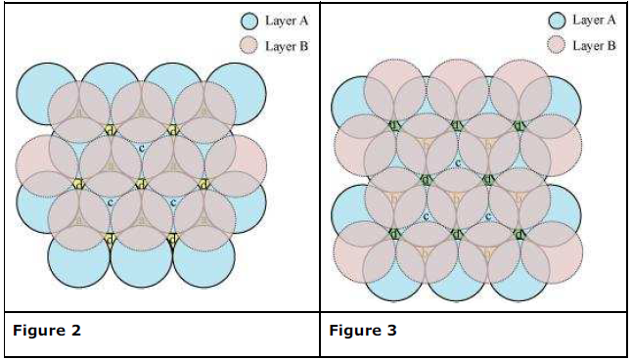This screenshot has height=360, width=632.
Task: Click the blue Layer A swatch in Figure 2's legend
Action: pyautogui.click(x=249, y=20)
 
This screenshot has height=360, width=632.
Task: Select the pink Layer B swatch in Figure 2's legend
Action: pyautogui.click(x=249, y=45)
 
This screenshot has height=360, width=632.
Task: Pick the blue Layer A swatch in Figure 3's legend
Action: pyautogui.click(x=559, y=20)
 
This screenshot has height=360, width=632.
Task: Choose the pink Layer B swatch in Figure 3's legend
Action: pyautogui.click(x=559, y=45)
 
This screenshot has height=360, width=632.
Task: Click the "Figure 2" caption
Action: pyautogui.click(x=47, y=330)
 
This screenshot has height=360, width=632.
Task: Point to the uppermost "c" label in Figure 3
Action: pyautogui.click(x=457, y=163)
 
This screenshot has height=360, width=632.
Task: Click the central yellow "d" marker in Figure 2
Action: pyautogui.click(x=141, y=183)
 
